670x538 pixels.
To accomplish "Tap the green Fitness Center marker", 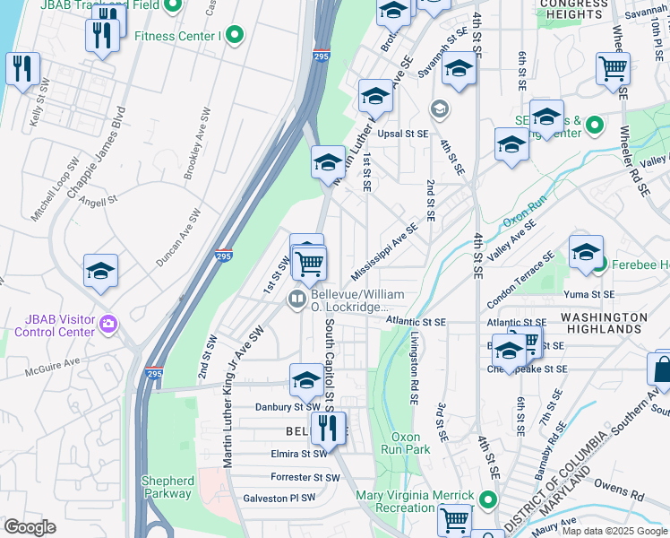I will [x=235, y=36].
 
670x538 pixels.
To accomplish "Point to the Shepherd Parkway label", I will [x=167, y=487].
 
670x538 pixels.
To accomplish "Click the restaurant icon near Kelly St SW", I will [x=21, y=68].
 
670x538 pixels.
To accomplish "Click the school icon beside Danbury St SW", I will [x=305, y=380].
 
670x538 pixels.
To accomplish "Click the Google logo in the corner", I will [x=30, y=527].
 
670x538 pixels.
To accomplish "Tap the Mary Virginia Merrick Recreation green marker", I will [x=487, y=499].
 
